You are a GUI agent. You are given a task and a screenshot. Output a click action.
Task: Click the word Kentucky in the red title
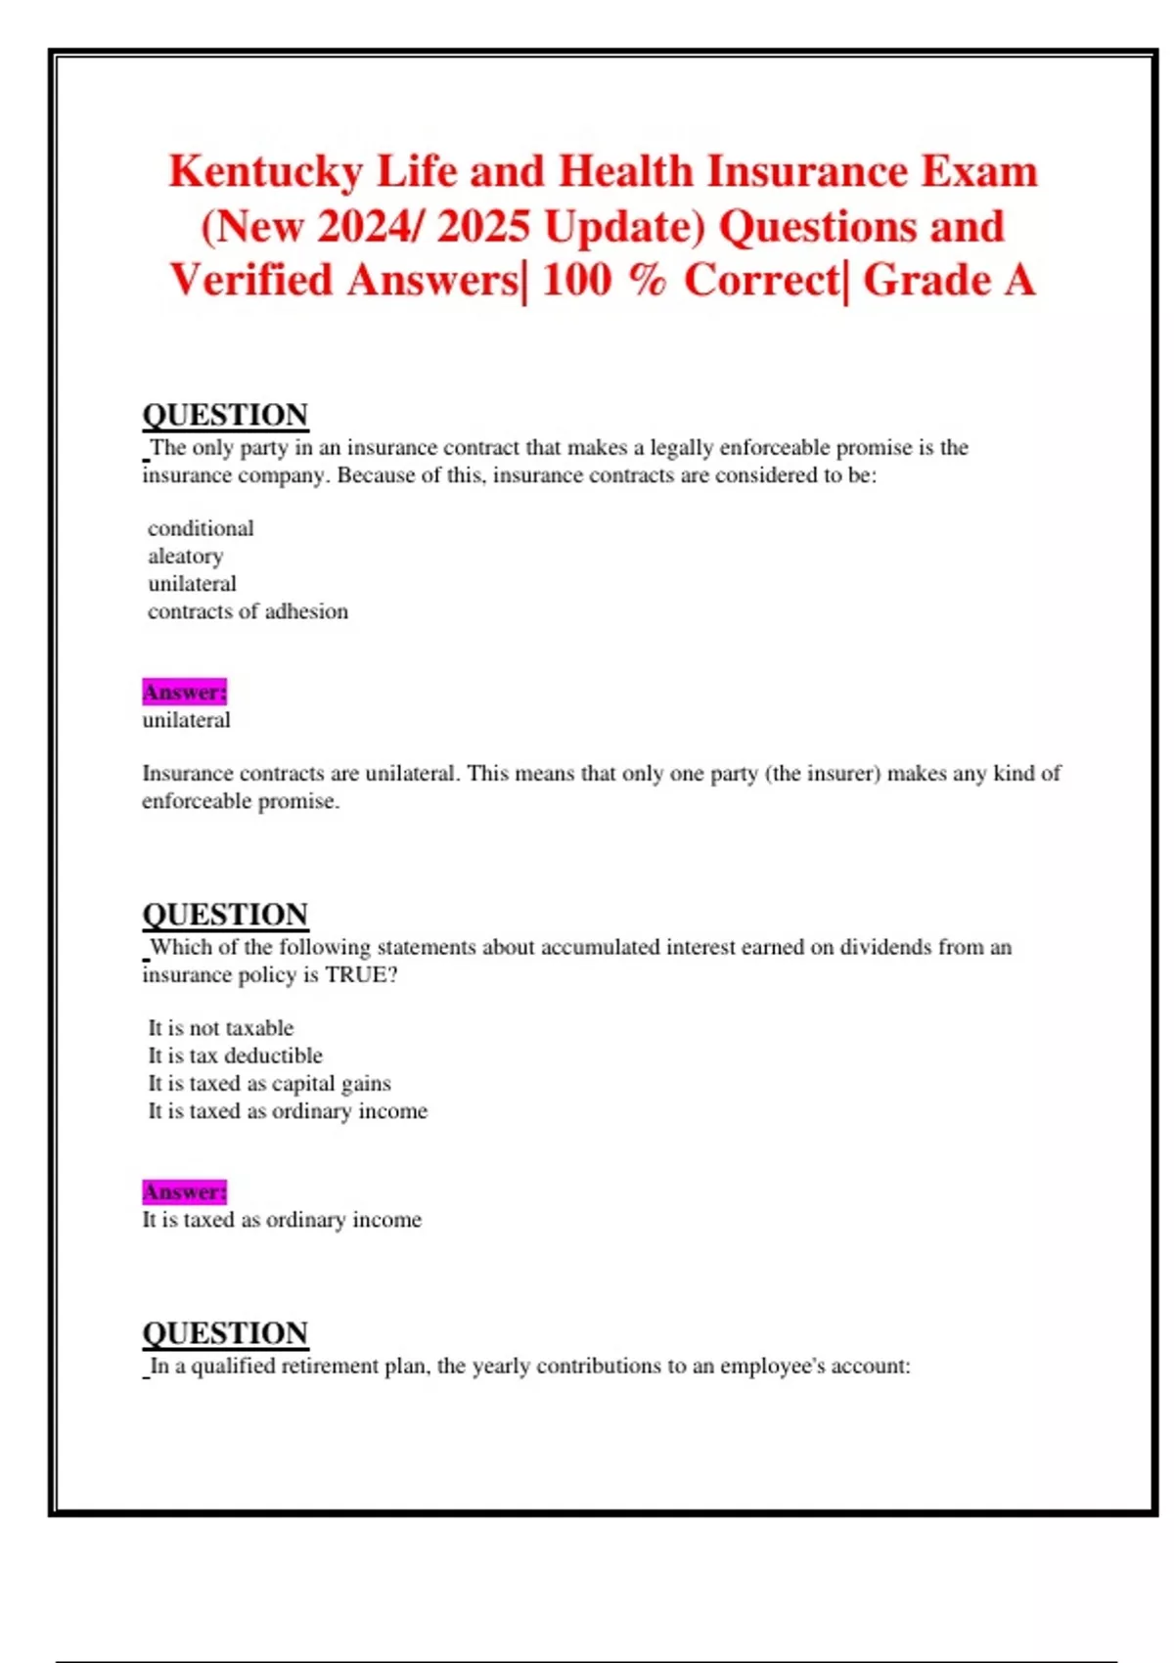265,172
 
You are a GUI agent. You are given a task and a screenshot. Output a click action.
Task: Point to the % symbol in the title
646,281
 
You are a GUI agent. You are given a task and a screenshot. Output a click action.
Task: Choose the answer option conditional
201,528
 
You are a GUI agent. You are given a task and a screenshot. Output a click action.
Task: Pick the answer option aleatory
186,556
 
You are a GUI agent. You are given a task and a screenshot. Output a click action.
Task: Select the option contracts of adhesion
248,611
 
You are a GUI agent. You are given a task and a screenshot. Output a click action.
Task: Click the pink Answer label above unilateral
184,692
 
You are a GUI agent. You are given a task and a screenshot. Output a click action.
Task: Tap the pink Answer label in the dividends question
184,1191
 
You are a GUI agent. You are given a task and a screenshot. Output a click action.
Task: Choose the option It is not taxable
220,1028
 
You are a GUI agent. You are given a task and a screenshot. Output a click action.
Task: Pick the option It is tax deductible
235,1056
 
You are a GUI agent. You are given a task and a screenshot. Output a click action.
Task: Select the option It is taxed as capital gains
269,1083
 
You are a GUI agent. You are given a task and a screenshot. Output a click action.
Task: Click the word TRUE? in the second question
361,974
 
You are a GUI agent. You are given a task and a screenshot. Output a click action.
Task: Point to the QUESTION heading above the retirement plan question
225,1332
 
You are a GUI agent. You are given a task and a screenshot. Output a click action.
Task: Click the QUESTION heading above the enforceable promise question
225,415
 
